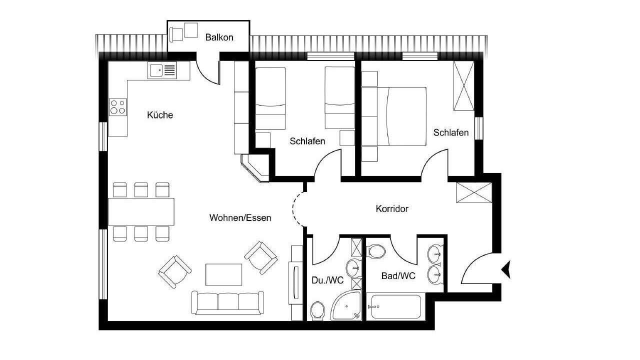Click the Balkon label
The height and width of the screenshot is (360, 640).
(219, 37)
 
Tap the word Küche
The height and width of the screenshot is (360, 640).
(160, 115)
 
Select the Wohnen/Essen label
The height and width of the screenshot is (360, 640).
(240, 217)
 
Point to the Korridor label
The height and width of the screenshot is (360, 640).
(392, 209)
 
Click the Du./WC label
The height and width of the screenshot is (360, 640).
(327, 280)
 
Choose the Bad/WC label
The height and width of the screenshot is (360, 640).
(398, 275)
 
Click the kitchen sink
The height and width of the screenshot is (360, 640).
(162, 70)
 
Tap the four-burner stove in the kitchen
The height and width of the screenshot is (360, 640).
(117, 107)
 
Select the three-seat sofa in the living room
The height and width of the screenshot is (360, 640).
(227, 303)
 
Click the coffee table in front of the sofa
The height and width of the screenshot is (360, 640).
(223, 274)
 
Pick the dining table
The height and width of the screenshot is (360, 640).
(141, 211)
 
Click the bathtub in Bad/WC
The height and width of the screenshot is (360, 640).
(395, 306)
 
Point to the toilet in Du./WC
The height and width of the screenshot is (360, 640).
(317, 311)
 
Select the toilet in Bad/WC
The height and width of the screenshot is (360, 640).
(376, 251)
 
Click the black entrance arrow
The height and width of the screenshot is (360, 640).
(506, 269)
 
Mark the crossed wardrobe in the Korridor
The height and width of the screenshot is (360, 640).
(473, 192)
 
